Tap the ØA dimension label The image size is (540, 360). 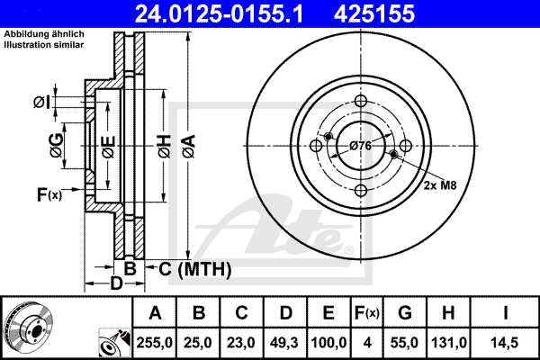coord(187,143)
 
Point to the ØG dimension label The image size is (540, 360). coord(56,145)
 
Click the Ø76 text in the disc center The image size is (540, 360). coord(361,146)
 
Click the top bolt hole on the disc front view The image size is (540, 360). coord(361,101)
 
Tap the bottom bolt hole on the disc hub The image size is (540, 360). coord(361,190)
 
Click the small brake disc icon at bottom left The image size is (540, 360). coord(27,326)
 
